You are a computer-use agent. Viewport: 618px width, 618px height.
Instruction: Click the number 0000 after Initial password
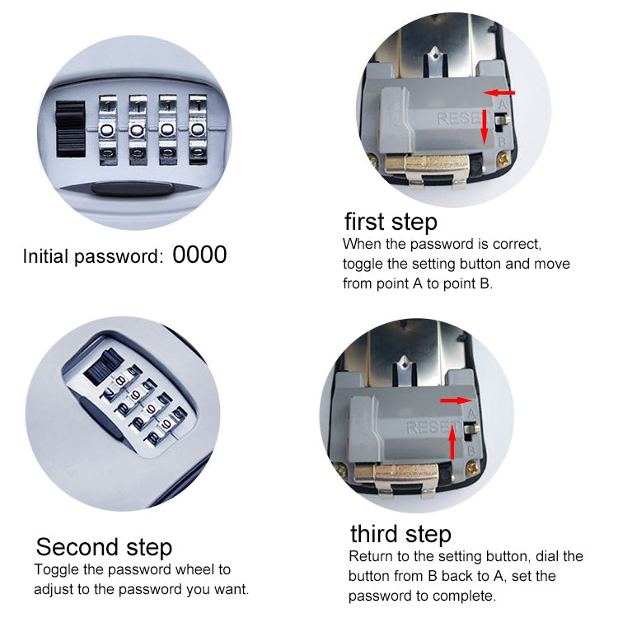pos(199,255)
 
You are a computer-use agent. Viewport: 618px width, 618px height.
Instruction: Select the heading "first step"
pos(391,222)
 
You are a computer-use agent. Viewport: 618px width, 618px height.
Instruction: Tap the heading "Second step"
pos(104,547)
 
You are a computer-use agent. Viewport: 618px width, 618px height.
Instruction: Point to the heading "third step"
pos(400,533)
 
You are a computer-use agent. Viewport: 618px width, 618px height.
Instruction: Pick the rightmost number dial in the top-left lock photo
pos(199,129)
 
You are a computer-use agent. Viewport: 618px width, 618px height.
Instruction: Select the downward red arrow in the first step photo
pos(485,121)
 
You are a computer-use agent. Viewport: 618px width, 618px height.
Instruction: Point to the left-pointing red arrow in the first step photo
pos(500,93)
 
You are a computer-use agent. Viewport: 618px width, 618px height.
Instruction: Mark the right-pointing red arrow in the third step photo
pos(453,401)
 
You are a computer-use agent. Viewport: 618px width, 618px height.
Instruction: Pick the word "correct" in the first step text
pos(513,245)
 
